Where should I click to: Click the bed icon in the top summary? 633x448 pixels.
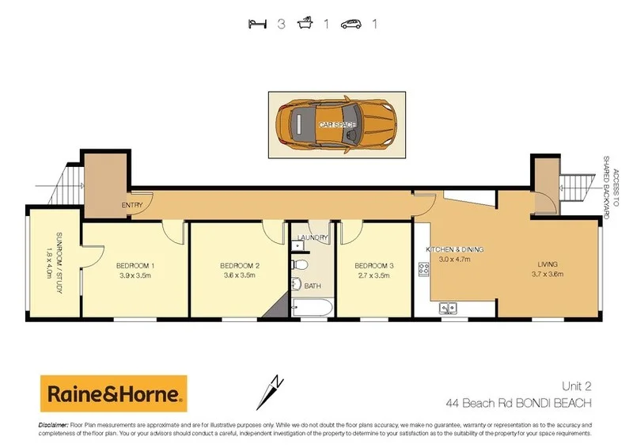tap(256, 24)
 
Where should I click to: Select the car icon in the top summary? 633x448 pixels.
tap(351, 24)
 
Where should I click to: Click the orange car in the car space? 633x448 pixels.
tap(336, 125)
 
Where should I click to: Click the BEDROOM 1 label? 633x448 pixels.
tap(135, 265)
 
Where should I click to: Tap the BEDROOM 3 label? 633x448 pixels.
tap(373, 265)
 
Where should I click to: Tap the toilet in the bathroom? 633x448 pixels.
tap(299, 264)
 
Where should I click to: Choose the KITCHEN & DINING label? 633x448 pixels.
tap(455, 249)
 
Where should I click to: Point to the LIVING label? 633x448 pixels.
tap(547, 264)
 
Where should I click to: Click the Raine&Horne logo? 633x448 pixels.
tap(113, 393)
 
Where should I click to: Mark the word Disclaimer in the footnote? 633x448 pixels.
tap(53, 426)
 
